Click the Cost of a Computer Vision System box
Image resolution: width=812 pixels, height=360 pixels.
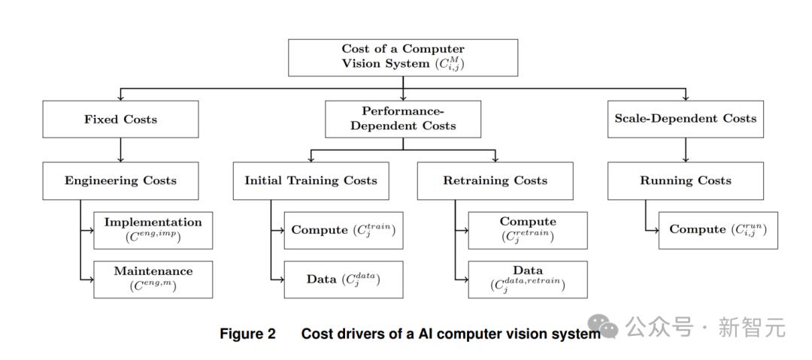coord(403,57)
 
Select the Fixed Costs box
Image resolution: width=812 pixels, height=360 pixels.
coord(120,119)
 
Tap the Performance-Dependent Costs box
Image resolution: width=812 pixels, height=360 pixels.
coord(403,119)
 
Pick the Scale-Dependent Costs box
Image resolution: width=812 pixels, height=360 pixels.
coord(685,119)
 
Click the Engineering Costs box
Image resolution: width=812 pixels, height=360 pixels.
coord(120,180)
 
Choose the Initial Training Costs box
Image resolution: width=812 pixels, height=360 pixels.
coord(311,180)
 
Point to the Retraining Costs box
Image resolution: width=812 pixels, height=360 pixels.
coord(495,180)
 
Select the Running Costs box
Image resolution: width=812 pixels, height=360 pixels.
coord(685,180)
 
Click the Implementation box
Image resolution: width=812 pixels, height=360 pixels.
coord(153,230)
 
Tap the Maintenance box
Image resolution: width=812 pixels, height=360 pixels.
coord(153,279)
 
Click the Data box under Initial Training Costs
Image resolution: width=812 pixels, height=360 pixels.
coord(344,279)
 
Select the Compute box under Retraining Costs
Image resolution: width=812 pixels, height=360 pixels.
coord(528,230)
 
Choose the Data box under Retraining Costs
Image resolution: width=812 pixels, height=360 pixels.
coord(528,279)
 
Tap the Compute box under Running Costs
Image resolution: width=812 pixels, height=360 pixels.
coord(718,230)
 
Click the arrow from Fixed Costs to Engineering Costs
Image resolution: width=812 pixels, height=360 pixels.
coord(120,150)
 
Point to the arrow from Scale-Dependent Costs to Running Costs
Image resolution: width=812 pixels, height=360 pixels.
coord(685,150)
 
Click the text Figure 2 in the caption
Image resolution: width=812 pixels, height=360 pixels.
coord(247,334)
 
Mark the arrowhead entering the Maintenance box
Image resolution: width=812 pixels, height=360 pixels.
coord(90,279)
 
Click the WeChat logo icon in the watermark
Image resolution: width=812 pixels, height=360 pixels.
coord(603,325)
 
